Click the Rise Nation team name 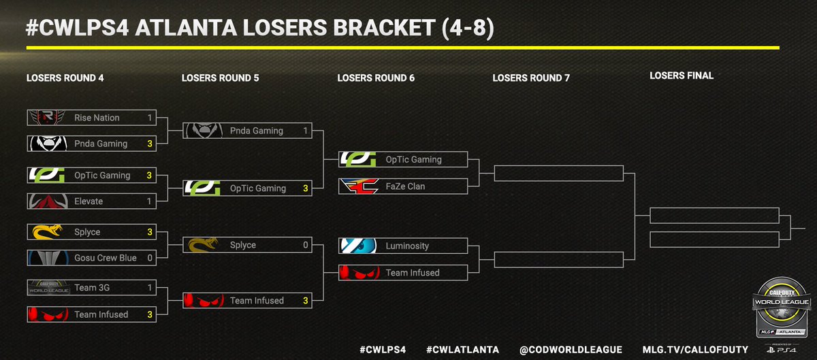tap(97, 118)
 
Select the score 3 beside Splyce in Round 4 tap(149, 232)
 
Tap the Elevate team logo tap(46, 201)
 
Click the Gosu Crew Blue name tap(106, 258)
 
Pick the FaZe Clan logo tap(358, 186)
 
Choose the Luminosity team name tap(407, 246)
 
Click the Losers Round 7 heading tap(531, 78)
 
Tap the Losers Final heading tap(682, 76)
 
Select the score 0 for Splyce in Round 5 tap(306, 245)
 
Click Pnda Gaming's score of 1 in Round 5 tap(306, 131)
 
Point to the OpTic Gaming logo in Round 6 tap(358, 159)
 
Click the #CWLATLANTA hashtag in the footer tap(462, 349)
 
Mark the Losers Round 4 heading tap(65, 78)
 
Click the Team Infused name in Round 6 tap(413, 273)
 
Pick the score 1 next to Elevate tap(149, 201)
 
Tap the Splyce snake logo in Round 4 tap(46, 232)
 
